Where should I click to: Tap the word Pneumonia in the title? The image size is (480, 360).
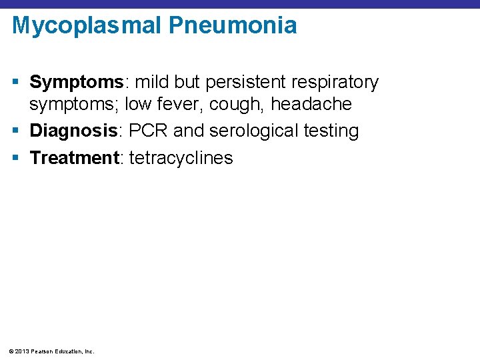[233, 26]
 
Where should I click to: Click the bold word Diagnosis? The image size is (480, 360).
[73, 131]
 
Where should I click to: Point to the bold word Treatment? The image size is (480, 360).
[74, 158]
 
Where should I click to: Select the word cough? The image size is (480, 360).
[241, 104]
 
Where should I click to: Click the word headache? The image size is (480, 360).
[311, 104]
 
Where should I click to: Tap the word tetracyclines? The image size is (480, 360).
[181, 158]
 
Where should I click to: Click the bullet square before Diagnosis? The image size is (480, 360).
[17, 131]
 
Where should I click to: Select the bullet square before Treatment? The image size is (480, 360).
[17, 159]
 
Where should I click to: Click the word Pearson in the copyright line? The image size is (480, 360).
[43, 351]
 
